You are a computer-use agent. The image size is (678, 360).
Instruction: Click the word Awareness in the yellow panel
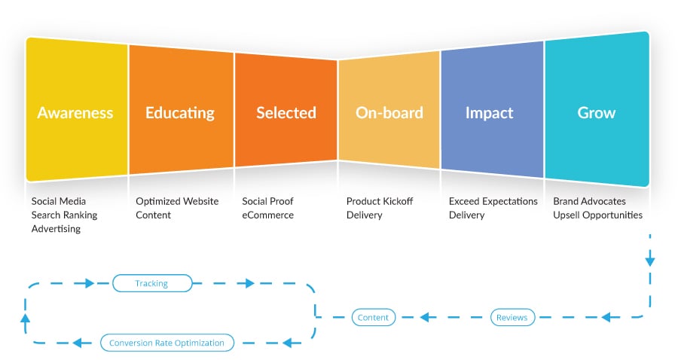coord(75,113)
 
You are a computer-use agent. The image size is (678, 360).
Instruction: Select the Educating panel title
coord(180,113)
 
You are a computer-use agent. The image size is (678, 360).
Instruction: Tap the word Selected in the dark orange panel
coord(286,113)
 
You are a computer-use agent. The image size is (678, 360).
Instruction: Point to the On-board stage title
coord(389,113)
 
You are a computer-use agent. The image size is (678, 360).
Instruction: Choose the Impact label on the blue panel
coord(489,113)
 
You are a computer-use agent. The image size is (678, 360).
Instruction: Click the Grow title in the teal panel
coord(597,113)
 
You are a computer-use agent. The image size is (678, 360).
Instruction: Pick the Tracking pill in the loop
coord(151,283)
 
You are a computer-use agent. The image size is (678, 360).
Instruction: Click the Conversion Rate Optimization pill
coord(167,343)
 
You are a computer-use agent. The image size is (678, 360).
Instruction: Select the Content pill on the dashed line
coord(373,317)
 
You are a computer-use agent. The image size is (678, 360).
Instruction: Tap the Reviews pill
coord(512,317)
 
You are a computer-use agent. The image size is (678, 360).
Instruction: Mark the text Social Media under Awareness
coord(58,201)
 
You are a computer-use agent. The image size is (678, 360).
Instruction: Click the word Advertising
coord(56,229)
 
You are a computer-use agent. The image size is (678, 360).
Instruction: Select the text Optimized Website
coord(177,201)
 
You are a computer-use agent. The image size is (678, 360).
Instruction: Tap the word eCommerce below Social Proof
coord(267,215)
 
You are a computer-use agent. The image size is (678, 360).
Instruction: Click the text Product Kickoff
coord(380,201)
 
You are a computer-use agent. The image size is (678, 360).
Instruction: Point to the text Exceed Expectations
coord(493,201)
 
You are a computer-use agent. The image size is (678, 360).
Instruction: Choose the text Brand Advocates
coord(589,201)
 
